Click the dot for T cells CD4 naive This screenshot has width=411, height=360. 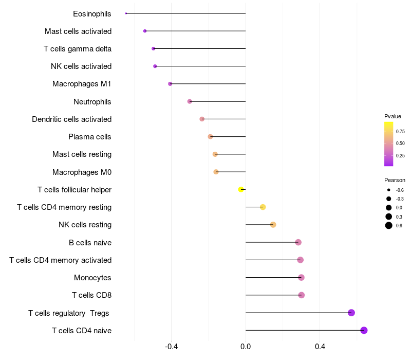tap(364, 330)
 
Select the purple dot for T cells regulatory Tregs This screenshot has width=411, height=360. tap(351, 313)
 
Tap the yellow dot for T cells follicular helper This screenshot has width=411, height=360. tap(241, 189)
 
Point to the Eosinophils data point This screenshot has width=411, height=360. tap(126, 13)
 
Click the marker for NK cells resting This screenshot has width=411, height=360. tap(273, 225)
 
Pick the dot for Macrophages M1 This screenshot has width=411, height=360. tap(170, 84)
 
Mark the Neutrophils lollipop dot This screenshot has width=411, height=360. tap(190, 101)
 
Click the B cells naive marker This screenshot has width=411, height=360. tap(298, 242)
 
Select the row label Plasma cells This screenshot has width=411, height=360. tap(90, 137)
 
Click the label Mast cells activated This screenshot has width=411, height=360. tap(78, 31)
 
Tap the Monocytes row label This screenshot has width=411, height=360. tap(92, 278)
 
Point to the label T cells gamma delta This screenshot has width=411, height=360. tap(78, 49)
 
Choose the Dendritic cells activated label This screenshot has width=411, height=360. tap(71, 119)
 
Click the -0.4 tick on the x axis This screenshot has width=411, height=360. tap(171, 347)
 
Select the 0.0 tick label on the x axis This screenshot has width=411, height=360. tap(246, 347)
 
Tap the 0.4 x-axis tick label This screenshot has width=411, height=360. tap(320, 347)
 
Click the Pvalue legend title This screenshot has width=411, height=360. tap(393, 116)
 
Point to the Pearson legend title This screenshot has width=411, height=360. tap(395, 181)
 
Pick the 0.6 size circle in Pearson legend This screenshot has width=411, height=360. tap(389, 226)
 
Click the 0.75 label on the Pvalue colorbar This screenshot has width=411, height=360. tap(400, 131)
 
